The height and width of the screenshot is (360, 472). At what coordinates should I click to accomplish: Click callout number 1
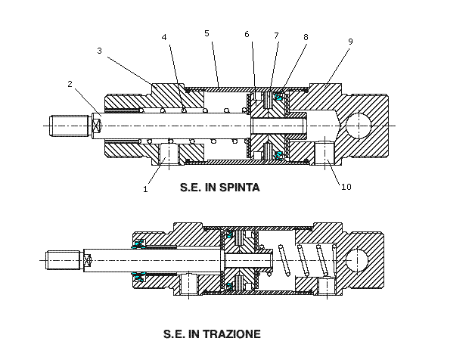[x=145, y=190]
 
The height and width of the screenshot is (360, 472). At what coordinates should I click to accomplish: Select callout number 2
[x=70, y=85]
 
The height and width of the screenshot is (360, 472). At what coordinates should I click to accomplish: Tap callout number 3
[x=100, y=51]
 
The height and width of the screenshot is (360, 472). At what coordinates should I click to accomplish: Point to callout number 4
[x=165, y=37]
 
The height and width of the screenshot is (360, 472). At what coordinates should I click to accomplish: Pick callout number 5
[x=206, y=33]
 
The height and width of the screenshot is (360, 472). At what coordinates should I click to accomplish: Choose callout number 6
[x=247, y=34]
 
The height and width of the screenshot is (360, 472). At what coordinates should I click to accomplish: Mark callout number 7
[x=277, y=36]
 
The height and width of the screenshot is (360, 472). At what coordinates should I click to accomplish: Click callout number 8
[x=306, y=36]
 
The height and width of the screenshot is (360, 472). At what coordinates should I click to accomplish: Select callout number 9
[x=350, y=42]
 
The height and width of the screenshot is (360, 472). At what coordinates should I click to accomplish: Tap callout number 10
[x=346, y=187]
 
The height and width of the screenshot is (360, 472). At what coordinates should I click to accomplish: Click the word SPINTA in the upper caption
[x=238, y=188]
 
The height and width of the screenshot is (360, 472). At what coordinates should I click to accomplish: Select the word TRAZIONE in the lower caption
[x=234, y=333]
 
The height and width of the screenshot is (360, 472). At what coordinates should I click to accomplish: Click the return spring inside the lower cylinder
[x=303, y=260]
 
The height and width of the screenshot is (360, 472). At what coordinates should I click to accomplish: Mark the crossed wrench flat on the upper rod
[x=96, y=125]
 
